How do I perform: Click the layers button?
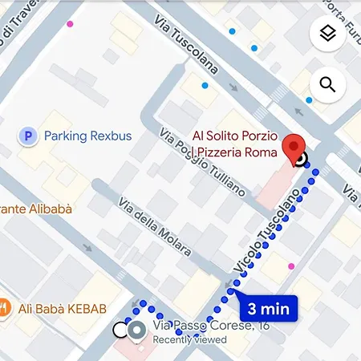coord(327,34)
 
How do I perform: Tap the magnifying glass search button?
coord(327,84)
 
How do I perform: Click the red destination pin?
coord(295,148)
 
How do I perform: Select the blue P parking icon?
coord(28,136)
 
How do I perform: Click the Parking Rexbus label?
coord(88,136)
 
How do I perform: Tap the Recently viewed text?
coord(189,339)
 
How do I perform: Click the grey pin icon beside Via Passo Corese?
coord(137,329)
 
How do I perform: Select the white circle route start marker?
coord(120,329)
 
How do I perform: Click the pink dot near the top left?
coord(70,24)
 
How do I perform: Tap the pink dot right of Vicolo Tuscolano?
coord(291,266)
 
